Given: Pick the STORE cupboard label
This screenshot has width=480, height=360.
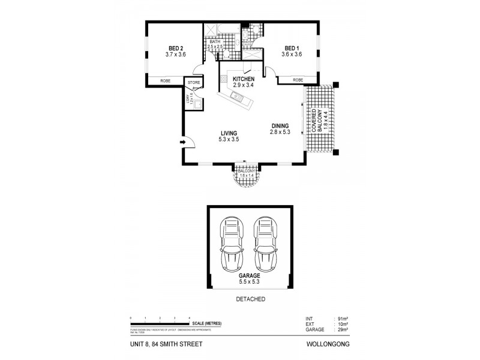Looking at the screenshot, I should (x=193, y=82).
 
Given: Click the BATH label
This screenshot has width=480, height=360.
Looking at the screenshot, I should (x=215, y=41).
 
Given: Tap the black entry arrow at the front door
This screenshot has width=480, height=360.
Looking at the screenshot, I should (x=181, y=142).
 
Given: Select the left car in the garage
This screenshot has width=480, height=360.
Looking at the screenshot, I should (x=232, y=245).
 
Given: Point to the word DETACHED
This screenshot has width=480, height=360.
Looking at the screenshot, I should (x=250, y=299).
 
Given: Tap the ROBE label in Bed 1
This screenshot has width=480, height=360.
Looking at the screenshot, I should (x=298, y=80).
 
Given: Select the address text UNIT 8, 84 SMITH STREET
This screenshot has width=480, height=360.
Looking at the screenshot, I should (x=165, y=344).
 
